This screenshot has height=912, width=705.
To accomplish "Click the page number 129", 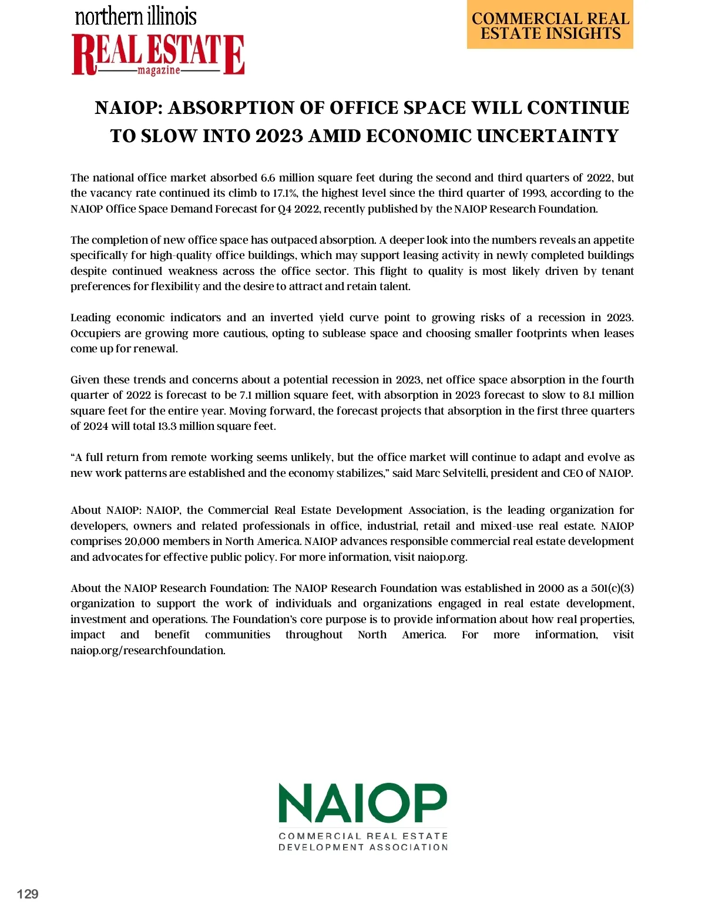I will pos(28,894).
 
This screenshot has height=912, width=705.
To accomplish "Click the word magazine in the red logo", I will pos(159,70).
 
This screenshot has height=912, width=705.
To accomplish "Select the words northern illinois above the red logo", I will pos(136,16).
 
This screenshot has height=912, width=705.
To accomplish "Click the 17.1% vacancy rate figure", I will pos(286,193).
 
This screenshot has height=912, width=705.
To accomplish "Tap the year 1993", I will pos(533,193).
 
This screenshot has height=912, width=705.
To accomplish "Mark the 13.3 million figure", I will pos(170,426).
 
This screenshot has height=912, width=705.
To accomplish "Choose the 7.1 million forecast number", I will pos(246,395).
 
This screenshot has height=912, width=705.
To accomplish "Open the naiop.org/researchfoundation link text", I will pos(147,651).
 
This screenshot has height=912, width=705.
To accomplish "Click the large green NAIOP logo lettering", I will pos(362,803).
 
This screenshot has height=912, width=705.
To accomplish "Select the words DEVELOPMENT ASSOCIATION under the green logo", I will pos(363,847).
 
